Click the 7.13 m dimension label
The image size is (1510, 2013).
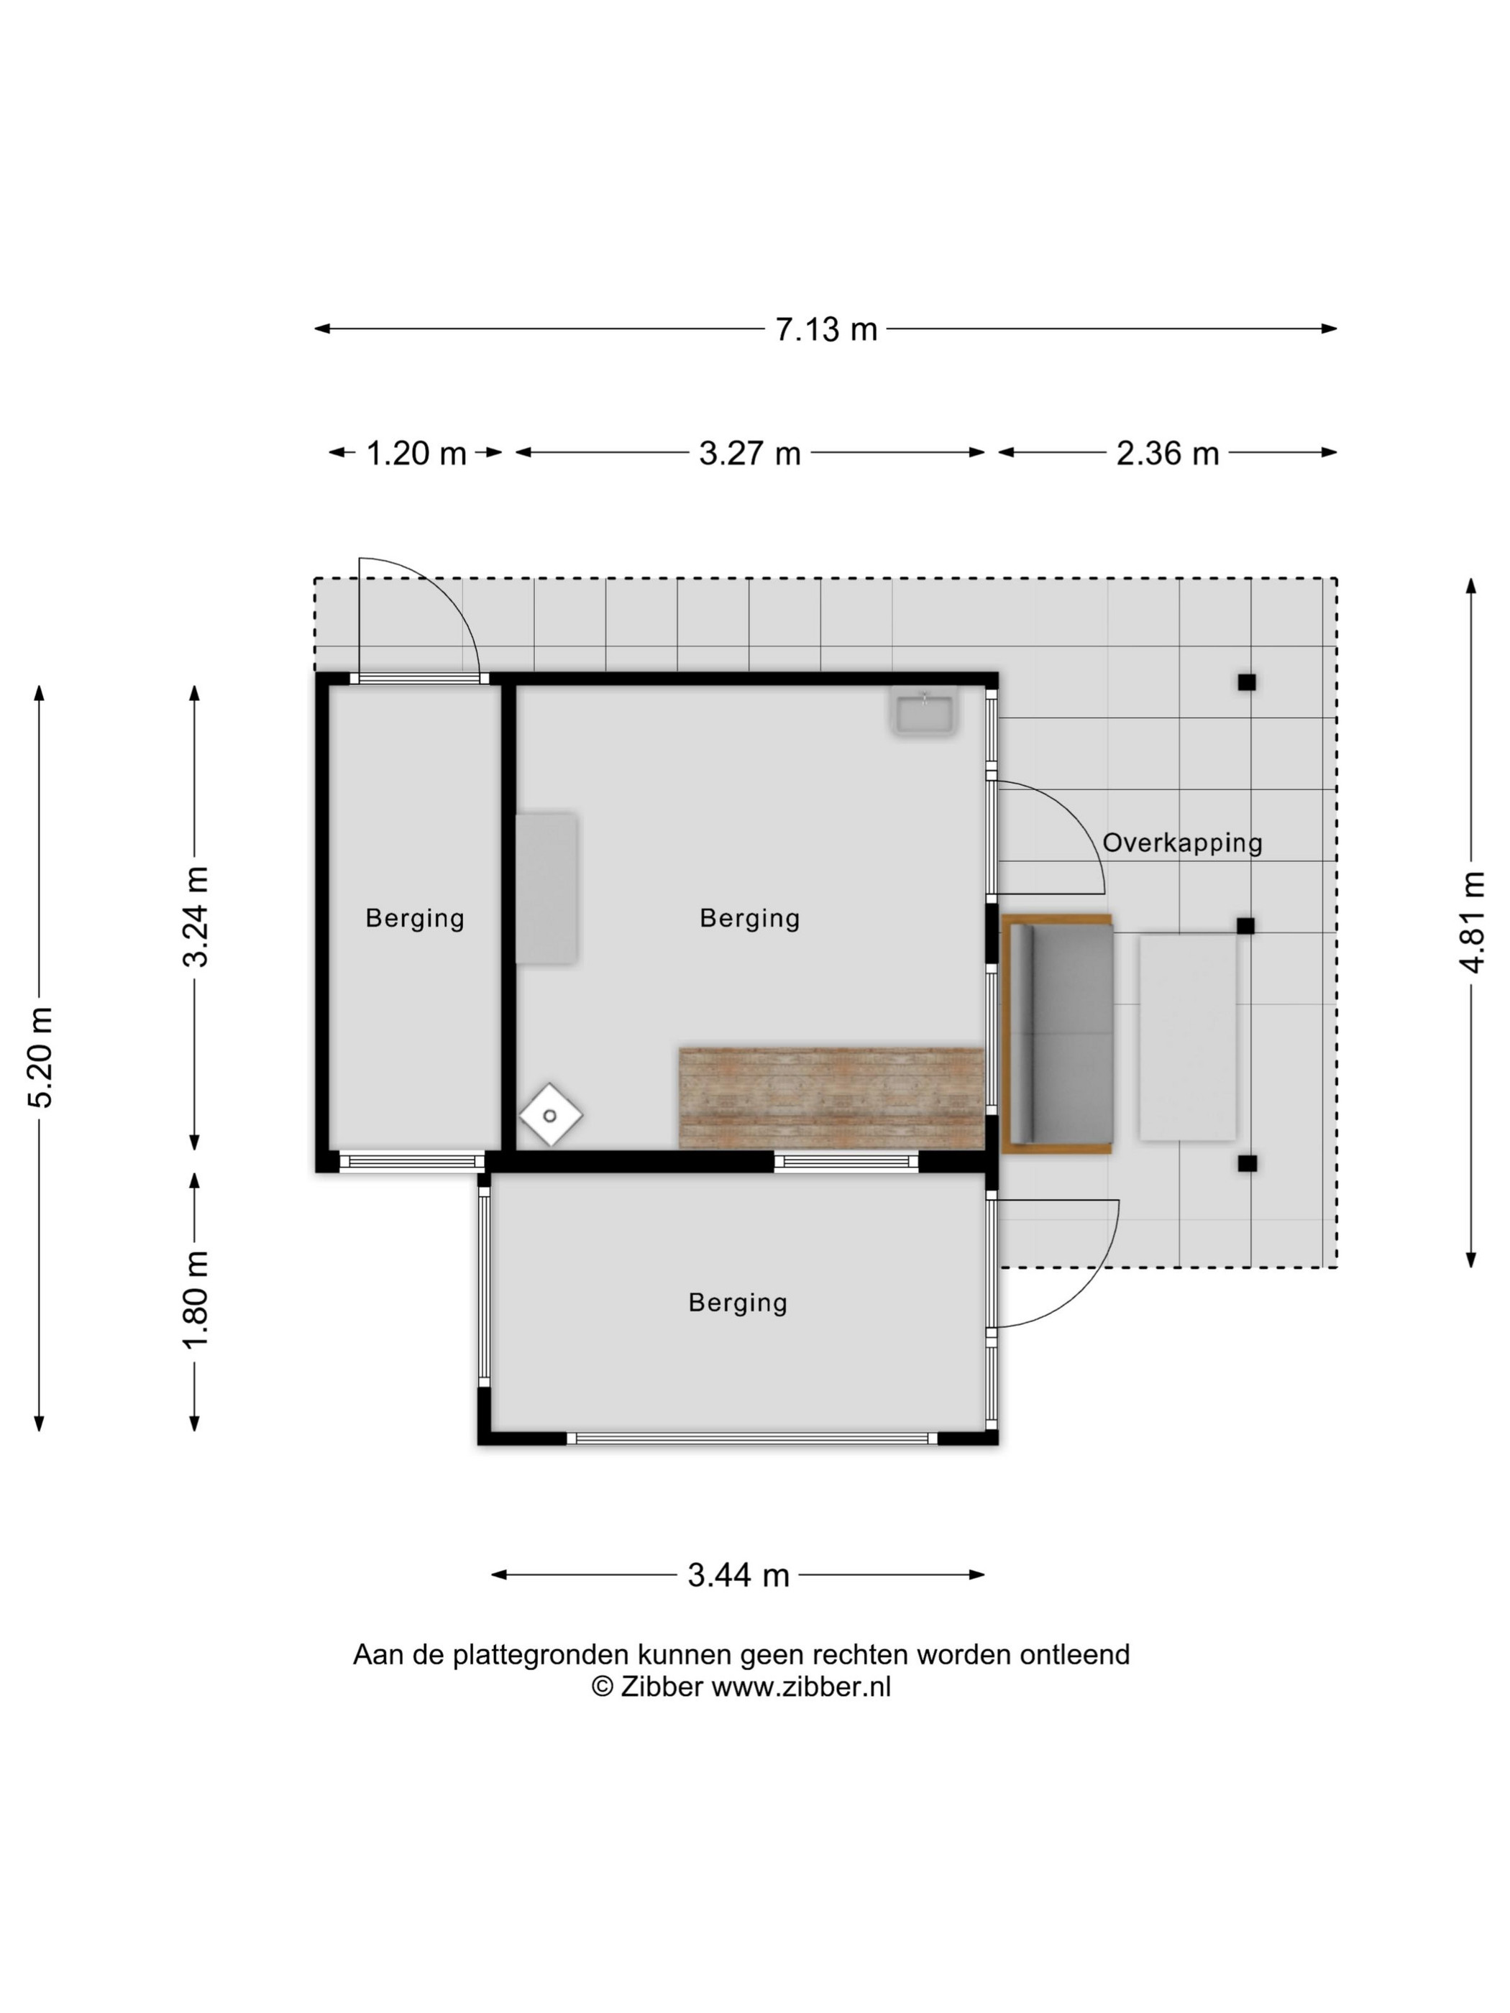(825, 329)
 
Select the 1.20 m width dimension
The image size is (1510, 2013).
(416, 452)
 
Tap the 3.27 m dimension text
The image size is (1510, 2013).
(749, 452)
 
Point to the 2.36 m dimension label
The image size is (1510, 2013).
(1167, 452)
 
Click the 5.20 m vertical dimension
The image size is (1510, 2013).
(41, 1057)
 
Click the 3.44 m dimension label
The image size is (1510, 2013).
(738, 1574)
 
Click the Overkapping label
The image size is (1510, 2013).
(1182, 843)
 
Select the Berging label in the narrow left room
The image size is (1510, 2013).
(415, 918)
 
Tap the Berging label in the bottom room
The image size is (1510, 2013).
(737, 1302)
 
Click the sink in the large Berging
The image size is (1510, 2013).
(924, 715)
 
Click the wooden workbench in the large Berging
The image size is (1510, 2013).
(832, 1098)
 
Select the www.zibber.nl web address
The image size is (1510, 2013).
(801, 1687)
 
